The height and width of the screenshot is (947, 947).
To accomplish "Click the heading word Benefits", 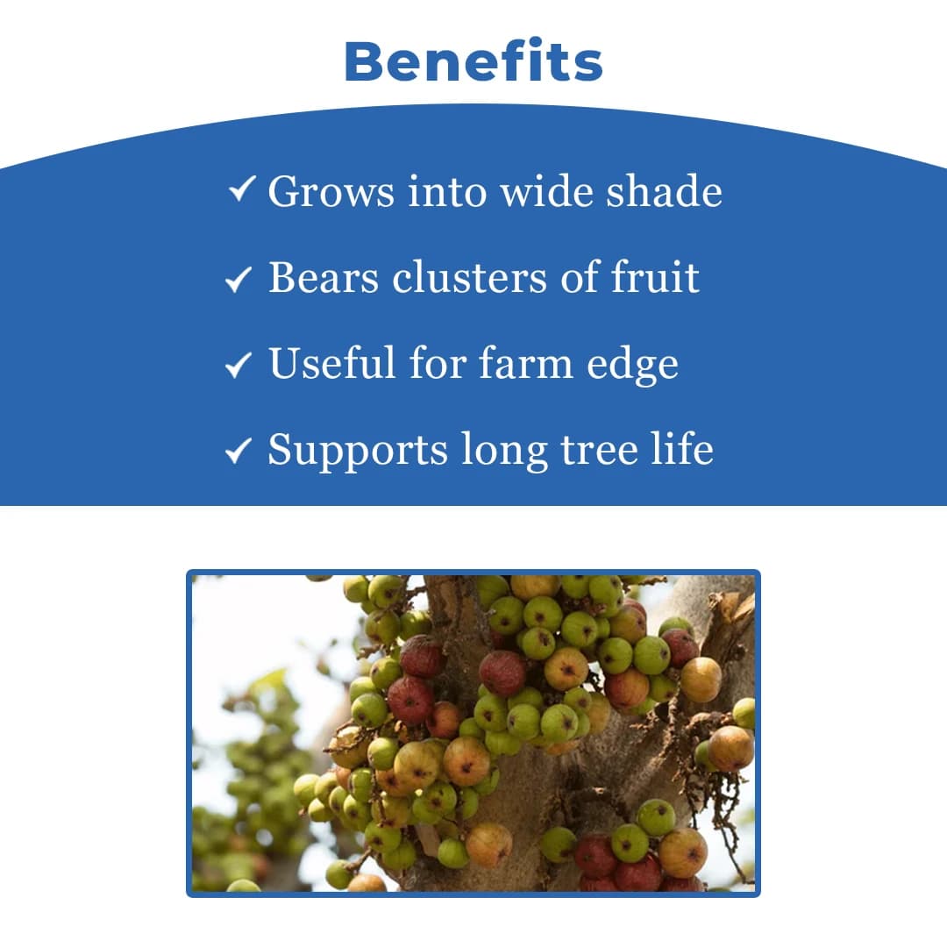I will point(473,62).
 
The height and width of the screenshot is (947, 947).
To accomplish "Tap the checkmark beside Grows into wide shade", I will point(241,189).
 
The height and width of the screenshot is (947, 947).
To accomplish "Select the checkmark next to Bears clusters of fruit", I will point(239,279).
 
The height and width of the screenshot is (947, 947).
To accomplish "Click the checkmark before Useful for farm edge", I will point(239,365).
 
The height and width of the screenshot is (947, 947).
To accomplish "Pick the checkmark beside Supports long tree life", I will point(239,452).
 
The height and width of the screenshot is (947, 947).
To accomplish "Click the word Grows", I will point(331,193).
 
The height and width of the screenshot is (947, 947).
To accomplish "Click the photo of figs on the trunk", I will point(473,733).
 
